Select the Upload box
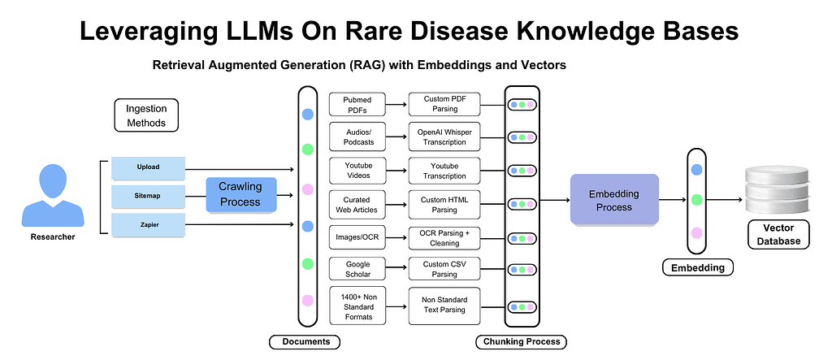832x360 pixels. click(x=148, y=167)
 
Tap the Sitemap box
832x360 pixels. click(x=148, y=196)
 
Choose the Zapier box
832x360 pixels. click(x=148, y=224)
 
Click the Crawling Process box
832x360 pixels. click(x=240, y=194)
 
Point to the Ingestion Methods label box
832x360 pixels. click(x=145, y=115)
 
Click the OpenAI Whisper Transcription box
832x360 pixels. click(x=444, y=137)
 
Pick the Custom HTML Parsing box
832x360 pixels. click(x=444, y=205)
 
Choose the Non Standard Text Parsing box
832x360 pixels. click(x=444, y=306)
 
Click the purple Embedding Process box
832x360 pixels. click(x=613, y=200)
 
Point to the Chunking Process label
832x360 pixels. click(x=520, y=341)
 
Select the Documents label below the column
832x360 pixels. click(x=304, y=341)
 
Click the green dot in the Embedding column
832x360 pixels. click(x=696, y=200)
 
